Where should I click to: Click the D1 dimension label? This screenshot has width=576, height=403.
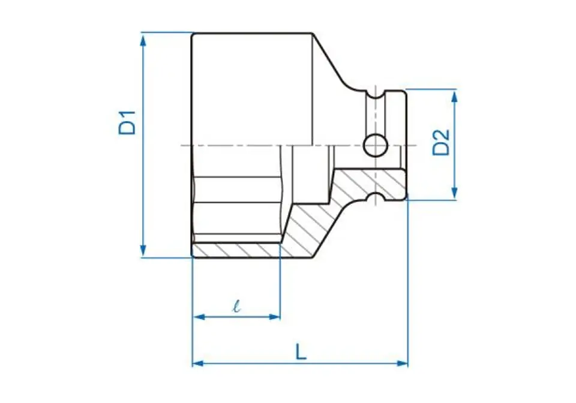click(127, 122)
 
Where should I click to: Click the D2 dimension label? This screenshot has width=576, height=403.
click(440, 142)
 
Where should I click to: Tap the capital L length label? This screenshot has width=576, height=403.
click(301, 351)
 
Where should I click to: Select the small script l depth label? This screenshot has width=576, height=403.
click(237, 306)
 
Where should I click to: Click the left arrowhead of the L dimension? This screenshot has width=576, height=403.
click(199, 363)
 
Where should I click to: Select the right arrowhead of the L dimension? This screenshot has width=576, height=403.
click(401, 363)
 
